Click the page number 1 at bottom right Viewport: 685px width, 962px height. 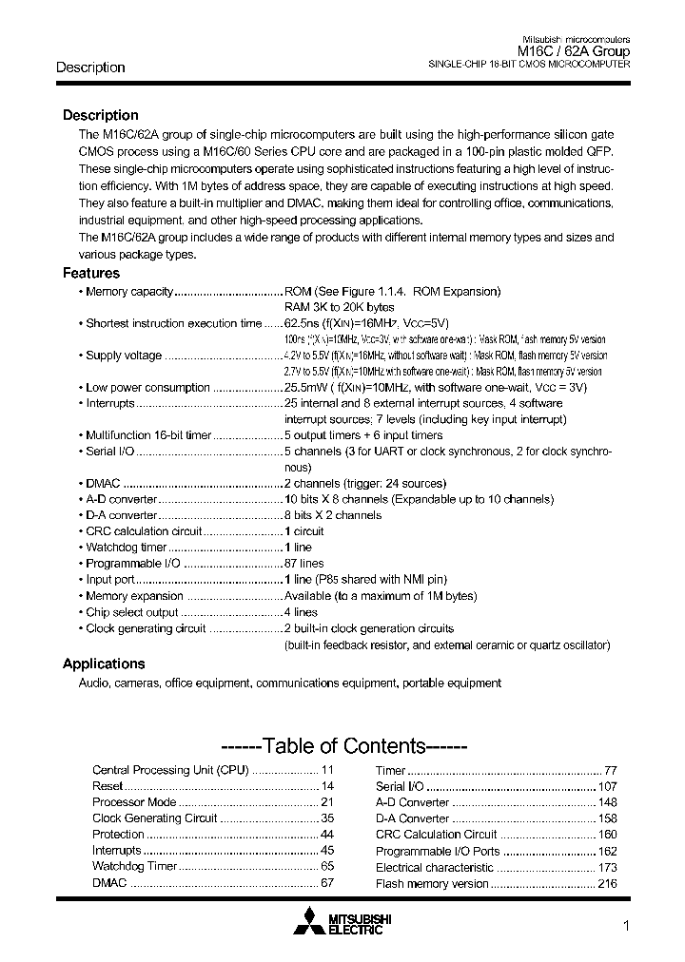point(625,928)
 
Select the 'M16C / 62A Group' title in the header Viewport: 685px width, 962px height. point(573,51)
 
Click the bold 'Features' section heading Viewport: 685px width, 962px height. point(91,273)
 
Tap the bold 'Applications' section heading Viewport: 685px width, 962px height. point(104,664)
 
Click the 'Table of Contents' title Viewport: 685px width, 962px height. point(343,746)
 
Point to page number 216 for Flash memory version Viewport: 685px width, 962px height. point(607,883)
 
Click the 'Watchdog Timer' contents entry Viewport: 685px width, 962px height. point(134,866)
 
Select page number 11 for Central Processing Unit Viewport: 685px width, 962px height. point(327,770)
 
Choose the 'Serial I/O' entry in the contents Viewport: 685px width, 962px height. point(400,786)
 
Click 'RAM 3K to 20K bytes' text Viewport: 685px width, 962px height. point(339,307)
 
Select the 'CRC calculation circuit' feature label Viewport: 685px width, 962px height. point(144,531)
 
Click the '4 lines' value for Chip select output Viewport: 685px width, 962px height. point(302,612)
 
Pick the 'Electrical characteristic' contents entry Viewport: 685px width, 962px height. point(434,867)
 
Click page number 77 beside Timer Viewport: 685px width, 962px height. point(611,770)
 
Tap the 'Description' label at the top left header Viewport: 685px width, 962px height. point(90,67)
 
